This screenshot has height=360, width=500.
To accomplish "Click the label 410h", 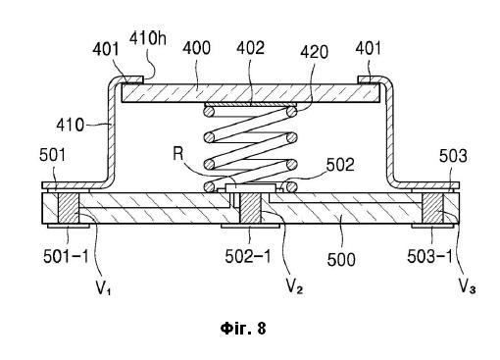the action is pos(148,38).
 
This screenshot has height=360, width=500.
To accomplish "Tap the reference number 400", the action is pos(196,48).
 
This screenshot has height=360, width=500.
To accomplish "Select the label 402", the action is pos(250,48).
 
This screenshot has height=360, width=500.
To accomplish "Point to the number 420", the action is pos(314,52).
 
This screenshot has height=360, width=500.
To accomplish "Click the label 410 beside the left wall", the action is pos(71,125).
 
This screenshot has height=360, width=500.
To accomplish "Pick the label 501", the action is pos(52,155).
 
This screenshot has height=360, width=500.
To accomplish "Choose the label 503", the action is pos(453,156).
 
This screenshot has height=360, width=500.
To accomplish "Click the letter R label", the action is pos(178,153).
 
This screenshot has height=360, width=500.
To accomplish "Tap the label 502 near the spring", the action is pos(340,165).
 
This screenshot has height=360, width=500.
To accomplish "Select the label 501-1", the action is pos(66,256).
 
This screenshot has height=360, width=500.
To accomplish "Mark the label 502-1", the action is pos(248,256).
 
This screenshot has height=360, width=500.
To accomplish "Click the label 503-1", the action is pos(430,256).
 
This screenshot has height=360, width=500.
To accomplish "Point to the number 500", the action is pos(341,260).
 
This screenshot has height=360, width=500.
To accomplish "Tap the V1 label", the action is pos(103,287).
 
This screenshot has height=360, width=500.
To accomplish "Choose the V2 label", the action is pos(294,286).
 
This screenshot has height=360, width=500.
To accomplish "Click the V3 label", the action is pos(468,286).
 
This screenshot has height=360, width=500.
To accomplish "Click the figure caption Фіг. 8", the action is pos(243,328).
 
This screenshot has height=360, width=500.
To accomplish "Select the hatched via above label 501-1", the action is pos(69,208).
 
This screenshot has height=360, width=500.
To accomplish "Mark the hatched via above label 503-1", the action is pos(432,208).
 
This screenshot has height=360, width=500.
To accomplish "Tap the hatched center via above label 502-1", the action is pos(251,208).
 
